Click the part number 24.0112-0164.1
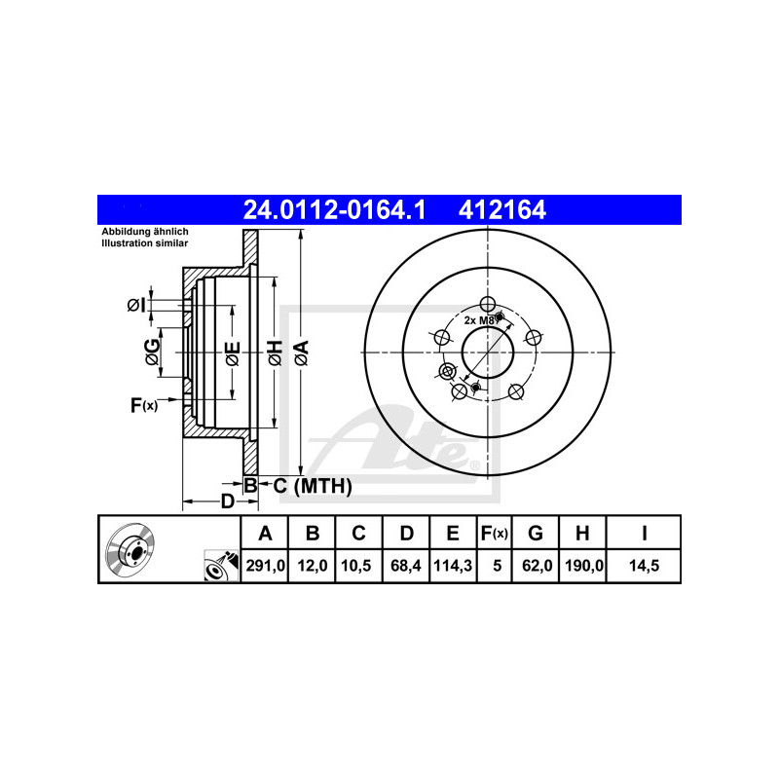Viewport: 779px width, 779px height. pyautogui.click(x=334, y=209)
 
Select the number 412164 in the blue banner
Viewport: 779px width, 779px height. pyautogui.click(x=501, y=209)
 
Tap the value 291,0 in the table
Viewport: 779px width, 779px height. pyautogui.click(x=265, y=566)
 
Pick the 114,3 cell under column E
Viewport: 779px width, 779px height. pyautogui.click(x=453, y=566)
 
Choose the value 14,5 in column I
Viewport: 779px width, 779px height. pyautogui.click(x=644, y=566)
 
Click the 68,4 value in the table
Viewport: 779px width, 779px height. pyautogui.click(x=406, y=566)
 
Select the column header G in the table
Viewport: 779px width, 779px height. pyautogui.click(x=535, y=533)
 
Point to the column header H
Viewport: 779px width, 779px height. pyautogui.click(x=582, y=533)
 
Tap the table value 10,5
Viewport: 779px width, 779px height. pyautogui.click(x=356, y=566)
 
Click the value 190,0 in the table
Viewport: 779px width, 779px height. pyautogui.click(x=584, y=566)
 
